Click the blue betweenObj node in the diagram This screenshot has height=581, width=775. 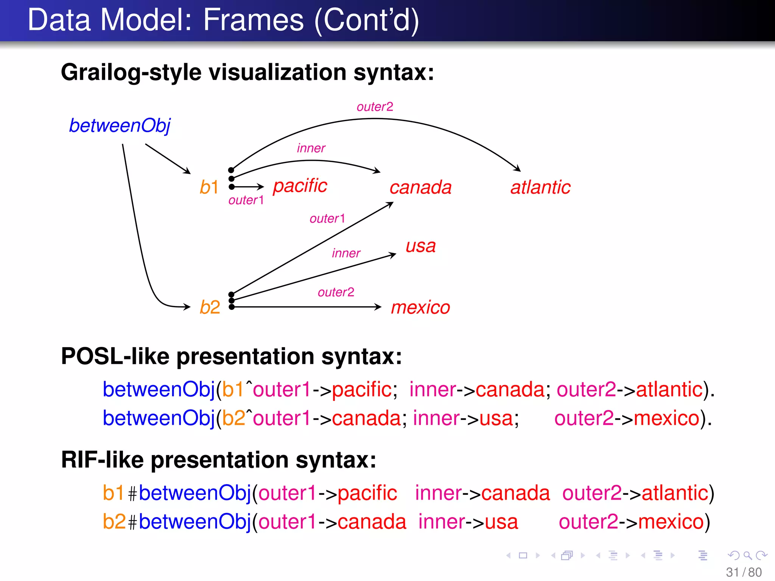120,126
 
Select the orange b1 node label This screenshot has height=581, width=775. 209,187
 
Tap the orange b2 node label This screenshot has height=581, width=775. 210,307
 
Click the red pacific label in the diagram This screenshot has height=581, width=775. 300,186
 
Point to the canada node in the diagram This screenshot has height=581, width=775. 420,187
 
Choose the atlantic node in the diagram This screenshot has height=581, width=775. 540,187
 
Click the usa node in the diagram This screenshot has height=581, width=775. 420,246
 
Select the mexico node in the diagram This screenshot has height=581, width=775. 420,307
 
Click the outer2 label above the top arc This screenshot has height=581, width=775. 375,107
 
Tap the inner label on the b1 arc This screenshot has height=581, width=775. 311,148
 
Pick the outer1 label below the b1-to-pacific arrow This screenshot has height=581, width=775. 246,200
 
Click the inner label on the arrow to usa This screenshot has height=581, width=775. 346,253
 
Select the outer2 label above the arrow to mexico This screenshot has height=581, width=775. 336,292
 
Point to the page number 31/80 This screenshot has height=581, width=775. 744,572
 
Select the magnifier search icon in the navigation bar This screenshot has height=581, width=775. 747,555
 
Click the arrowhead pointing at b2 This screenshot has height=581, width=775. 187,307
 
